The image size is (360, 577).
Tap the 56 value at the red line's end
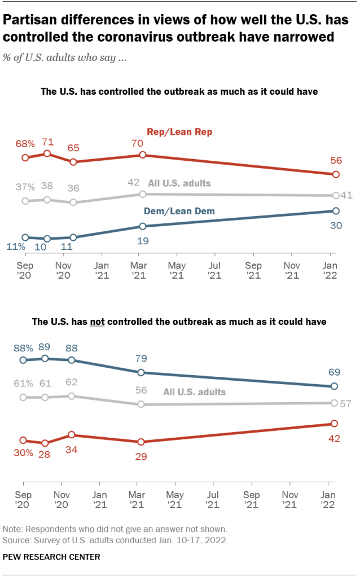point(335,160)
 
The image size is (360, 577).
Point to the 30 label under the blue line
point(335,225)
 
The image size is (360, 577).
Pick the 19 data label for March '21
point(143,240)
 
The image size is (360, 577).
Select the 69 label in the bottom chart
point(333,372)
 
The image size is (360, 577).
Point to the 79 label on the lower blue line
point(141,358)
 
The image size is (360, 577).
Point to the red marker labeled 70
point(143,155)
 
